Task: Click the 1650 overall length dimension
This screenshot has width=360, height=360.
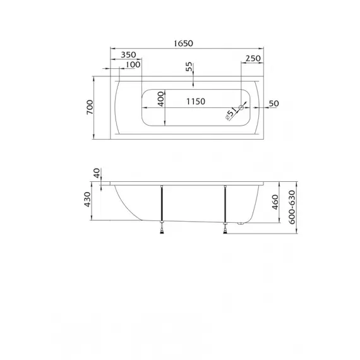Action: point(183,44)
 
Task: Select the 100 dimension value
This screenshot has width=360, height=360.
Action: point(133,66)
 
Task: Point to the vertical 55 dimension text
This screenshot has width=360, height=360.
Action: point(189,68)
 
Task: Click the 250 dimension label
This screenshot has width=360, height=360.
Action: point(253,58)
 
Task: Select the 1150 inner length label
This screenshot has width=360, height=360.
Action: point(196,102)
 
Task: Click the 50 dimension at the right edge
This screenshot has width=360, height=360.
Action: point(273,103)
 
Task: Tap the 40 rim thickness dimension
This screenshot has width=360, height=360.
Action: point(96,172)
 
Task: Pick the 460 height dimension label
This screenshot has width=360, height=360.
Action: point(275,202)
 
